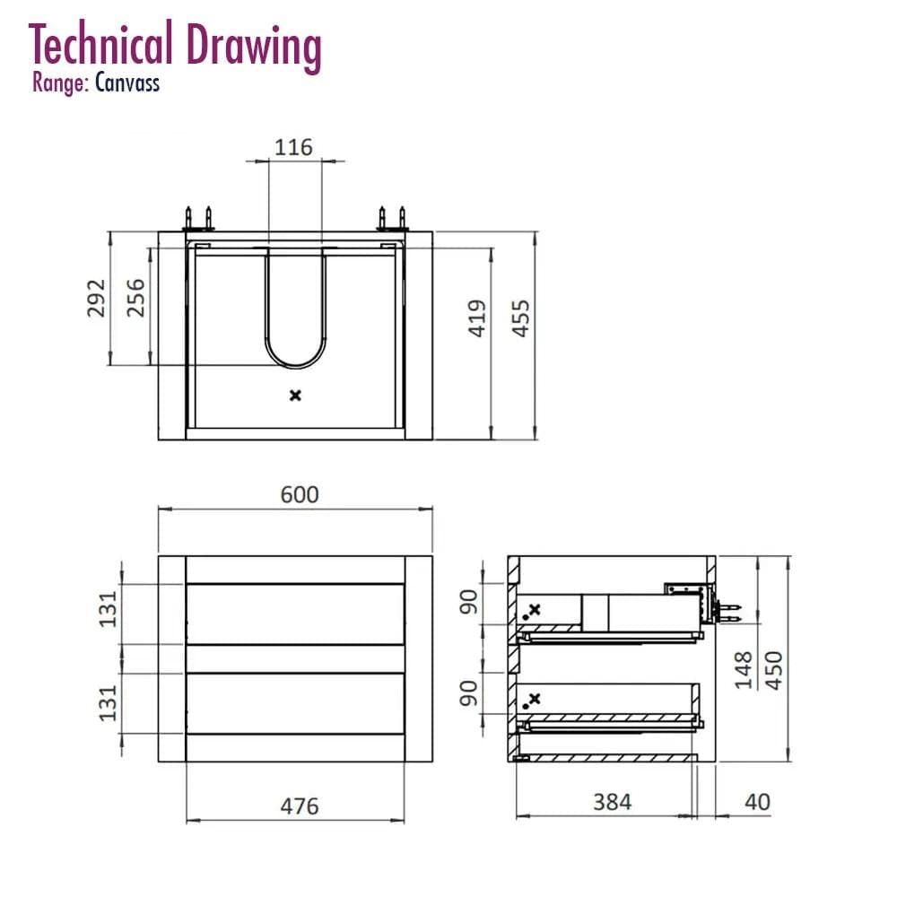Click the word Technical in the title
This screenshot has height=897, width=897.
click(100, 44)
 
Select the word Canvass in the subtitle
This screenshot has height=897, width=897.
click(127, 83)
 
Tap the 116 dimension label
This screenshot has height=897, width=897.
click(293, 148)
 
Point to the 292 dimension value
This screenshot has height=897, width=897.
click(96, 298)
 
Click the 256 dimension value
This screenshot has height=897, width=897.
click(135, 298)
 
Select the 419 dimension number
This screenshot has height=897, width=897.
click(477, 318)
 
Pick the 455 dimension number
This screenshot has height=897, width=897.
click(520, 318)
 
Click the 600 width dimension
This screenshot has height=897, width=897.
click(300, 495)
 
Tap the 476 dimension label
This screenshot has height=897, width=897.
click(300, 806)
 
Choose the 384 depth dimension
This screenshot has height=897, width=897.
click(612, 802)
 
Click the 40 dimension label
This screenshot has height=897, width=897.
click(757, 802)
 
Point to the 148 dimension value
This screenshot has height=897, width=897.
click(743, 670)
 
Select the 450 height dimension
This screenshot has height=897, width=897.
click(773, 670)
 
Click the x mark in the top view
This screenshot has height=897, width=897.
click(295, 396)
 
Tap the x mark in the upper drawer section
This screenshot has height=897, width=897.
click(535, 610)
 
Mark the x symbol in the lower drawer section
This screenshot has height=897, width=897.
click(535, 699)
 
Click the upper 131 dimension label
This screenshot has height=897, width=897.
click(108, 609)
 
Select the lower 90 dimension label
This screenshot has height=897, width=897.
click(469, 693)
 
